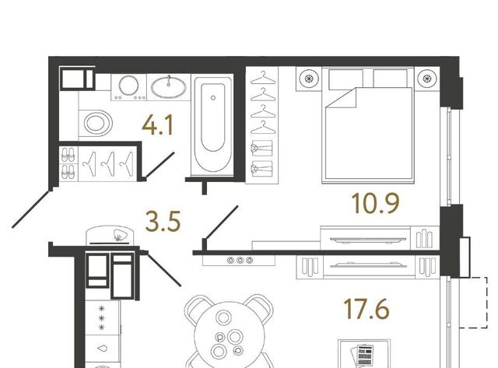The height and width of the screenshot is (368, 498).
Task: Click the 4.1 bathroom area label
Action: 158,125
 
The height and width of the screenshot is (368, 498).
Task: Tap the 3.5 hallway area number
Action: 163,221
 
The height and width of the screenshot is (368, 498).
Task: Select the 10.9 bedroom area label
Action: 376,204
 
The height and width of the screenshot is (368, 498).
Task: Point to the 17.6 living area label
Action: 366,309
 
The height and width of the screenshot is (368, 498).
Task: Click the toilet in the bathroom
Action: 95,123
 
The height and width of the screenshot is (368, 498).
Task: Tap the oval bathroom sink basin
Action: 169,86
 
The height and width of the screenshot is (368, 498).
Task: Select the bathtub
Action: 212,125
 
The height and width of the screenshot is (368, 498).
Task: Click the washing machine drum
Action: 128,85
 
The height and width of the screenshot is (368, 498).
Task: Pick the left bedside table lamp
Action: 308,78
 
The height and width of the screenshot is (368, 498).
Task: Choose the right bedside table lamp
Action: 426,78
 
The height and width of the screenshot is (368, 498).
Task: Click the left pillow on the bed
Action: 345,79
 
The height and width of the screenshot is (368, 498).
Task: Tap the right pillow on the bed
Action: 391,79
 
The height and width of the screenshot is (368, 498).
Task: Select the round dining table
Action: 230,334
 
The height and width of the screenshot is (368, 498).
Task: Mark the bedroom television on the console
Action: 368,240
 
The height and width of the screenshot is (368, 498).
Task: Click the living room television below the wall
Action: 368,265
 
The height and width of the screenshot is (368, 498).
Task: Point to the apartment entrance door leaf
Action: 31,209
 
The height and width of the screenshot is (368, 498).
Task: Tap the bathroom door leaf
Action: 160,164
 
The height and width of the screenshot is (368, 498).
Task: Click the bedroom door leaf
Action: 222,222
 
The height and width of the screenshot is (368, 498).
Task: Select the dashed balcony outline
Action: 475,303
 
